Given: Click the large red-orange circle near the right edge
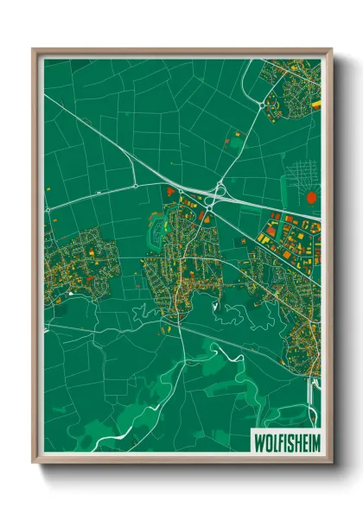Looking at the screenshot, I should click(312, 197).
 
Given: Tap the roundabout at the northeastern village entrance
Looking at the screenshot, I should click(262, 105).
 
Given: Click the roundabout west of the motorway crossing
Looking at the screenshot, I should click(136, 186).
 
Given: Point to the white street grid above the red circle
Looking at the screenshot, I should click(304, 169).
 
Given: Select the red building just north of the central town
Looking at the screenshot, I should click(169, 191).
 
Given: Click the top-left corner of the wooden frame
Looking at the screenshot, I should click(35, 50).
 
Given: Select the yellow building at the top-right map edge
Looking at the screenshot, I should click(315, 105).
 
